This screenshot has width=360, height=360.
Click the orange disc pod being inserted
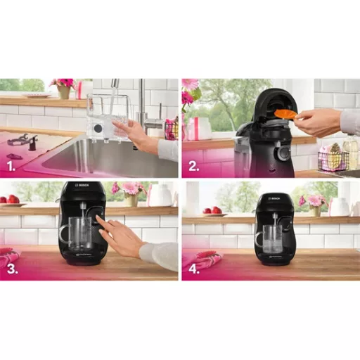tap(284, 113)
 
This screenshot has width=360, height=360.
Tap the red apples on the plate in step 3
tap(8, 200)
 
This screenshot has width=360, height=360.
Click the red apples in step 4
tap(209, 210)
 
